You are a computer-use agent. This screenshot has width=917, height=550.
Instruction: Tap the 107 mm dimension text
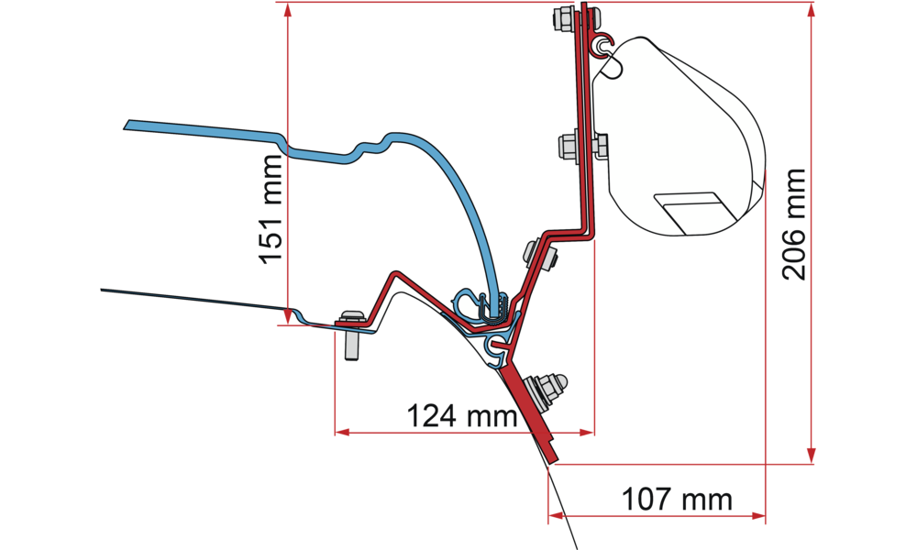click(x=677, y=500)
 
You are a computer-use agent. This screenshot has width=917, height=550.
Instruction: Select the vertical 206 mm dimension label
click(x=791, y=225)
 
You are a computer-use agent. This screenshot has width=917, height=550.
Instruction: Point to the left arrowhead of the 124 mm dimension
click(x=341, y=429)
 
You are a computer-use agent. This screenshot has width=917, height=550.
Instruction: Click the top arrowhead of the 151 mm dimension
click(x=288, y=9)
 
